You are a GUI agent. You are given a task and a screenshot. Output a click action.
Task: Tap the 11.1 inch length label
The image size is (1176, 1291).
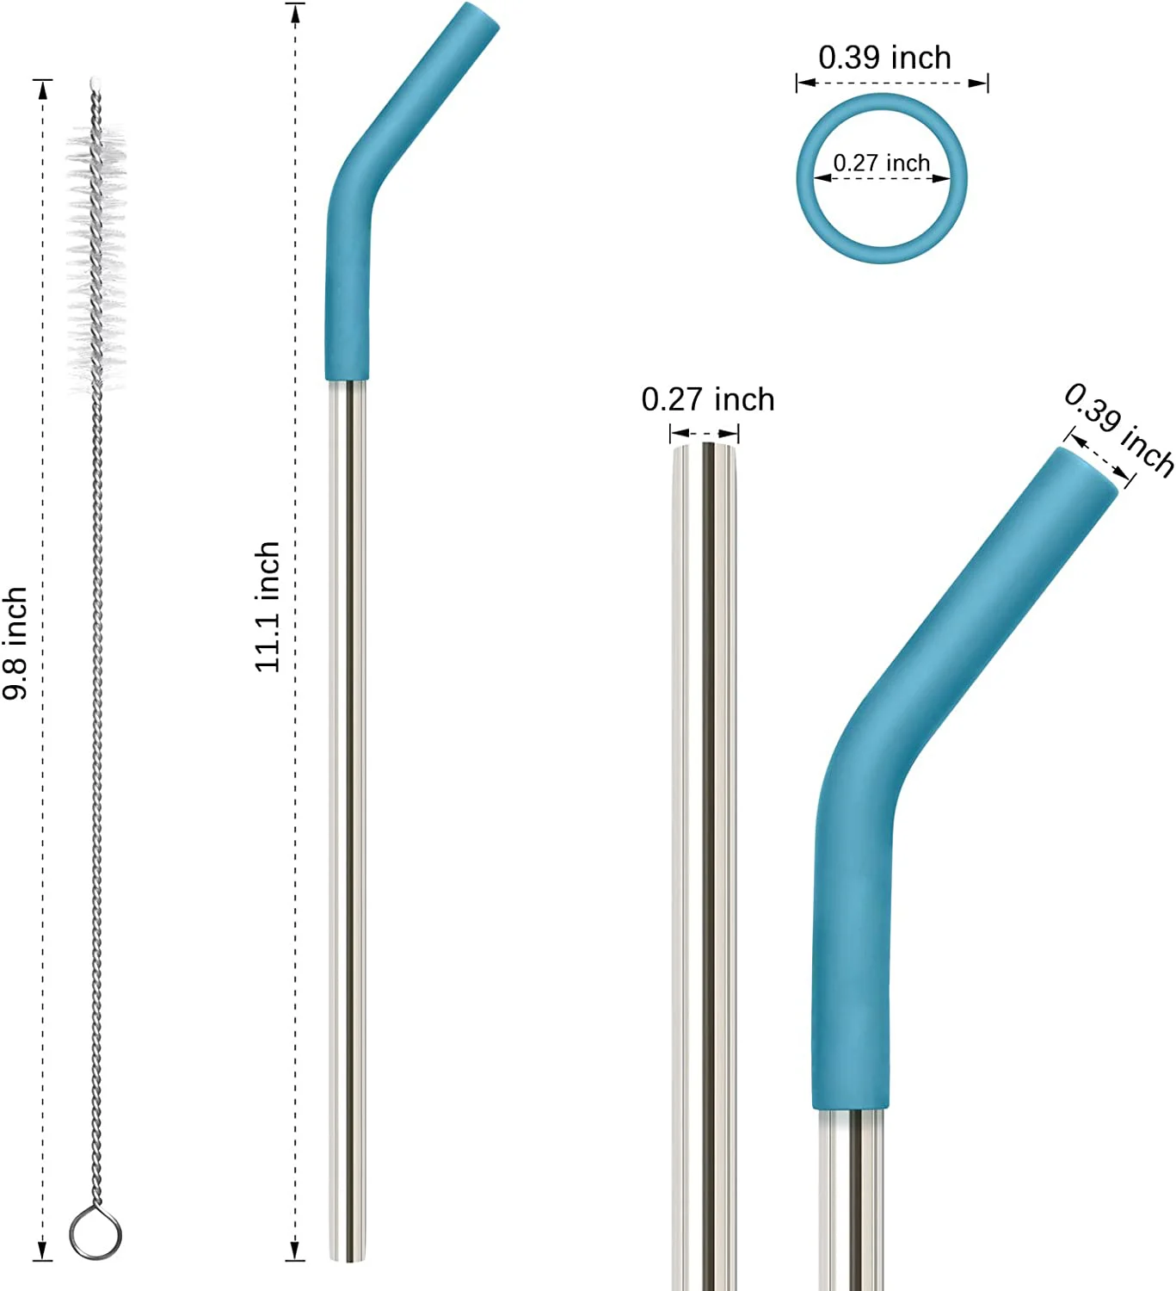268,606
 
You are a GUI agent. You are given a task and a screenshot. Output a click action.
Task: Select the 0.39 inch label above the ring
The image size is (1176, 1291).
884,58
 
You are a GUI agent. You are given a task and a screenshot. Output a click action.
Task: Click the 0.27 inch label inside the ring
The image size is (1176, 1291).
881,163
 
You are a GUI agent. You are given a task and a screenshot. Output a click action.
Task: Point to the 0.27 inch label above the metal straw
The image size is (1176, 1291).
707,399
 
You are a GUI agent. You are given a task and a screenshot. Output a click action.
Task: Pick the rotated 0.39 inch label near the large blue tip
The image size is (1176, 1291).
1118,429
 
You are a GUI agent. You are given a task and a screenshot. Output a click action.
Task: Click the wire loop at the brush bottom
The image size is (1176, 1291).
95,1234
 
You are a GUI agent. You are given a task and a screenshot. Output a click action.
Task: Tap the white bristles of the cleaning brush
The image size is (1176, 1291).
96,250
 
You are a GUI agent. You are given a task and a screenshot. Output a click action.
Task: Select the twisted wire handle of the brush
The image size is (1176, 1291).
97,775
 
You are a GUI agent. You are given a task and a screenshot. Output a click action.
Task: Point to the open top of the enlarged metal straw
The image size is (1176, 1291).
705,446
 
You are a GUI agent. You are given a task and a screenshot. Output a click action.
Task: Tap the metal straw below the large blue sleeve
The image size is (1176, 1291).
851,1205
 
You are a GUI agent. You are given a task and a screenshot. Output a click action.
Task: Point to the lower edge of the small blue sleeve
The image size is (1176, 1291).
347,376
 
